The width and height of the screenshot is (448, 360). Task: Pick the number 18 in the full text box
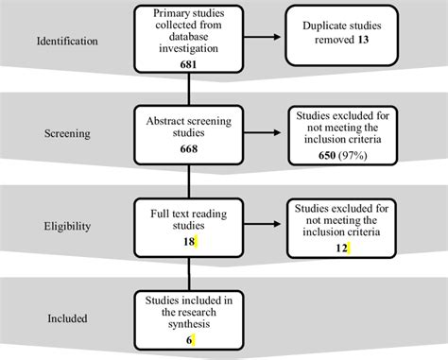188,243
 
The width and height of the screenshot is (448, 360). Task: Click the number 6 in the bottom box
188,338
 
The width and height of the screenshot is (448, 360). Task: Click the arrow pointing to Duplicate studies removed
265,38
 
